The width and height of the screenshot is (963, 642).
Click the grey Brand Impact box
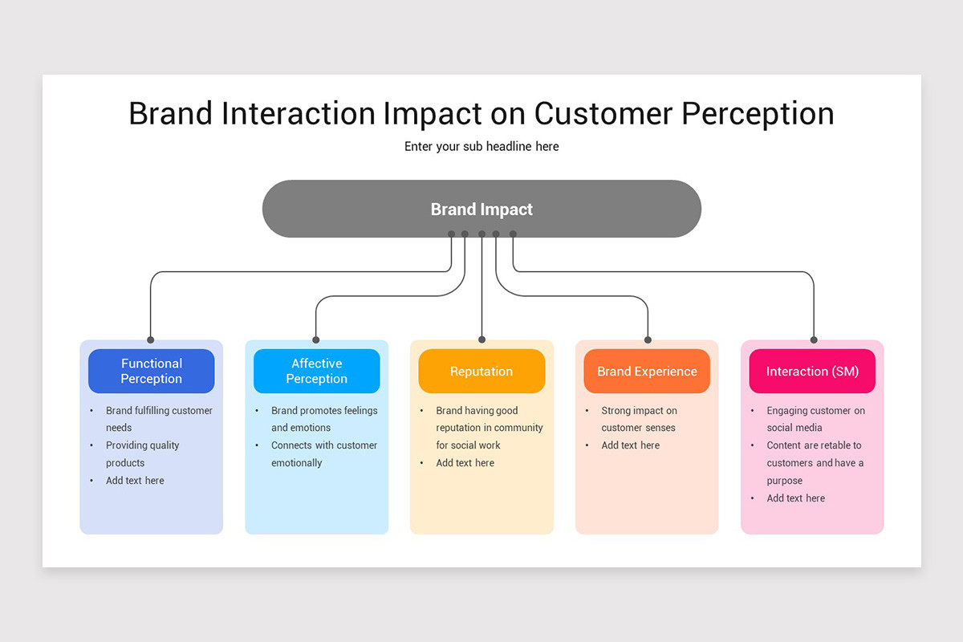pyautogui.click(x=481, y=209)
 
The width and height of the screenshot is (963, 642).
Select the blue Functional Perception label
pyautogui.click(x=151, y=371)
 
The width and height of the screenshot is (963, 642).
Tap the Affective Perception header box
pyautogui.click(x=316, y=371)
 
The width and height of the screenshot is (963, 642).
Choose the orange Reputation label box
pyautogui.click(x=481, y=371)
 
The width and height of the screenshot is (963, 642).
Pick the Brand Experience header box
pyautogui.click(x=647, y=371)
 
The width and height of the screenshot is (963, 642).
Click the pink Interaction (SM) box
pyautogui.click(x=812, y=371)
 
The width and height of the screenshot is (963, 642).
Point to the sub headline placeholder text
pyautogui.click(x=481, y=146)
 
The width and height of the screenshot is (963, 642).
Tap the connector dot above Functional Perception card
pyautogui.click(x=150, y=339)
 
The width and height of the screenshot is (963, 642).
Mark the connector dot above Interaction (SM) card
pyautogui.click(x=814, y=339)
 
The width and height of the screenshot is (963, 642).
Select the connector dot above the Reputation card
pyautogui.click(x=481, y=339)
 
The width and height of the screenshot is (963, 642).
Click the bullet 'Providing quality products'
pyautogui.click(x=142, y=453)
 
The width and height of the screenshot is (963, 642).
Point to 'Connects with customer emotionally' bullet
pyautogui.click(x=323, y=453)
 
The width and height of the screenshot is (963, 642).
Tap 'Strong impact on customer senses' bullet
pyautogui.click(x=639, y=419)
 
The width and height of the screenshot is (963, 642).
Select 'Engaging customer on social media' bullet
pyautogui.click(x=815, y=419)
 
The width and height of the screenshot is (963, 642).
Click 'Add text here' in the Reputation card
pyautogui.click(x=465, y=463)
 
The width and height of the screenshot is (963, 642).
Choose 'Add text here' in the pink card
pyautogui.click(x=795, y=498)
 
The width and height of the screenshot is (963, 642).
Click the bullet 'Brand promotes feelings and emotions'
pyautogui.click(x=323, y=419)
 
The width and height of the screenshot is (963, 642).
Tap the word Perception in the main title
pyautogui.click(x=758, y=113)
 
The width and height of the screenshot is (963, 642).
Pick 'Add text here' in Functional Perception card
pyautogui.click(x=135, y=481)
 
